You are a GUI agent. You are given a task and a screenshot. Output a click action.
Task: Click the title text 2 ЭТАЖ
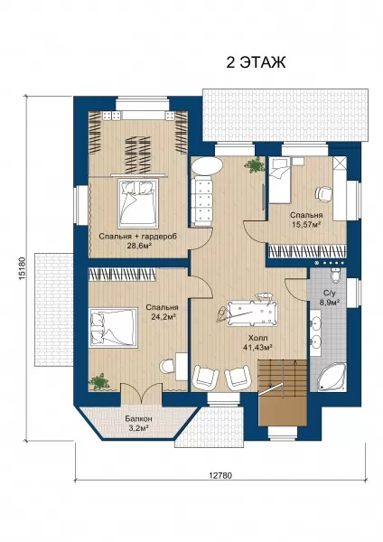[256, 62]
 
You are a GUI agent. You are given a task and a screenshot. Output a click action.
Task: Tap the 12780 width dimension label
[220, 475]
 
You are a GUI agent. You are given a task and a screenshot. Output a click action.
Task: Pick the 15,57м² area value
[306, 224]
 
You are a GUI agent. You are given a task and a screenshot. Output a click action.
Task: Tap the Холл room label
[257, 338]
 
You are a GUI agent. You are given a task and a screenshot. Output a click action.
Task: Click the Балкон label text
[138, 418]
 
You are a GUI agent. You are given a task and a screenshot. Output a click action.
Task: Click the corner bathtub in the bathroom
[332, 377]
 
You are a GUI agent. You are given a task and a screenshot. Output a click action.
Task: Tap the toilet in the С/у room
[336, 275]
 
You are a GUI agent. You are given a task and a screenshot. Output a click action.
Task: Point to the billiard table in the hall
[252, 313]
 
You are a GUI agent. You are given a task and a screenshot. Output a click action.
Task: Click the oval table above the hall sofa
[207, 166]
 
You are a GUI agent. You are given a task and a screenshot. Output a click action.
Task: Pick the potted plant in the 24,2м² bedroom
[99, 381]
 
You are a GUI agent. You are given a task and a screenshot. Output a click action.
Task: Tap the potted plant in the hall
[254, 165]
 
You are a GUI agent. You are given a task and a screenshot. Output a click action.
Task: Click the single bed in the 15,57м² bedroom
[280, 180]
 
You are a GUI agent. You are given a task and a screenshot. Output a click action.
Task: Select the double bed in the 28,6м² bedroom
[138, 203]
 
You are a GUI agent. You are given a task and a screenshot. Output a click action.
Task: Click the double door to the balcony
[142, 393]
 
